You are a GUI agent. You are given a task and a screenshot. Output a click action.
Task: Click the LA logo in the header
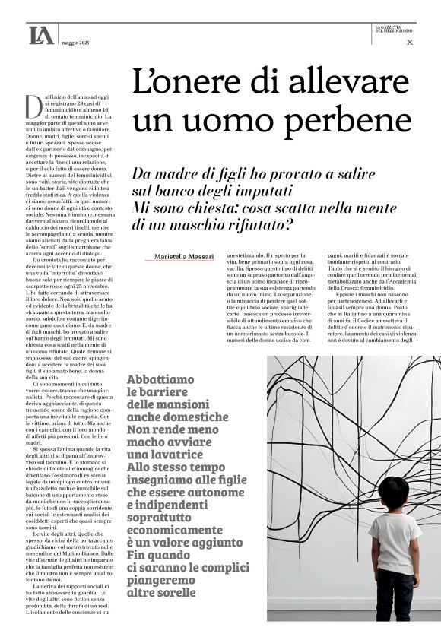(41, 35)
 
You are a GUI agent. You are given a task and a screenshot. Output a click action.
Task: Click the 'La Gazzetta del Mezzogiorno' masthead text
(394, 30)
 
